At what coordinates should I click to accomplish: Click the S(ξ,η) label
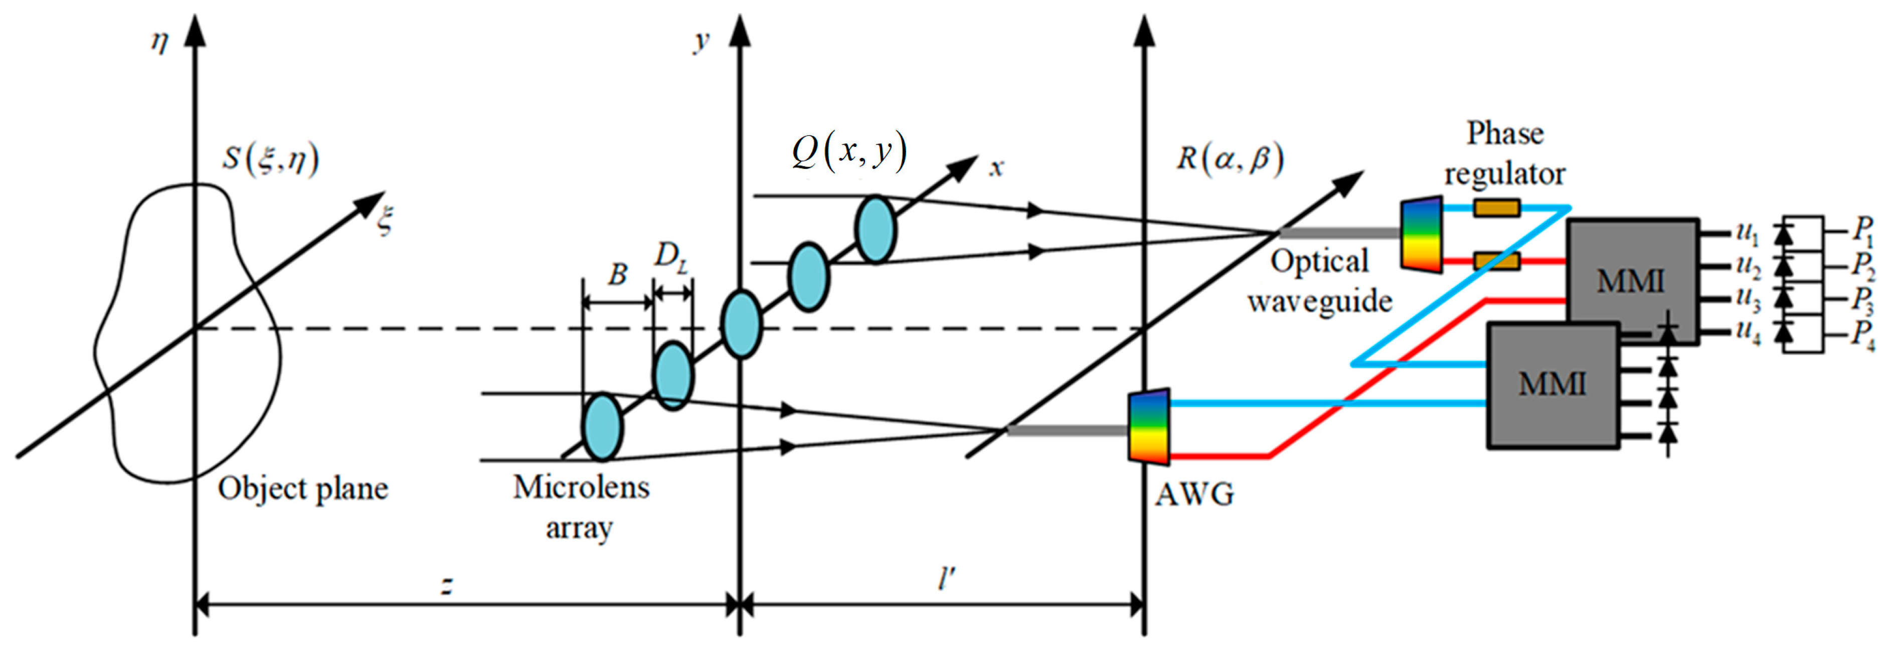pyautogui.click(x=271, y=160)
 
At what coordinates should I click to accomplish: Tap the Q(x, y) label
pyautogui.click(x=849, y=152)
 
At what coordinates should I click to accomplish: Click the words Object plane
pyautogui.click(x=303, y=489)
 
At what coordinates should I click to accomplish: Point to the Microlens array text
pyautogui.click(x=580, y=506)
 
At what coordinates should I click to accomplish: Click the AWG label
pyautogui.click(x=1194, y=495)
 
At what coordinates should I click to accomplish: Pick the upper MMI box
pyautogui.click(x=1632, y=281)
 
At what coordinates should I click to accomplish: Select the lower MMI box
pyautogui.click(x=1553, y=384)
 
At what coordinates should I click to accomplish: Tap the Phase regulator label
pyautogui.click(x=1505, y=154)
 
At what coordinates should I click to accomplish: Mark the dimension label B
pyautogui.click(x=617, y=275)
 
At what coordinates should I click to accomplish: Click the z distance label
pyautogui.click(x=446, y=585)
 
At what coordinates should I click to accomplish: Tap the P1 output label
pyautogui.click(x=1862, y=231)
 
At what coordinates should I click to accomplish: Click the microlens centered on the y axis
pyautogui.click(x=741, y=324)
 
